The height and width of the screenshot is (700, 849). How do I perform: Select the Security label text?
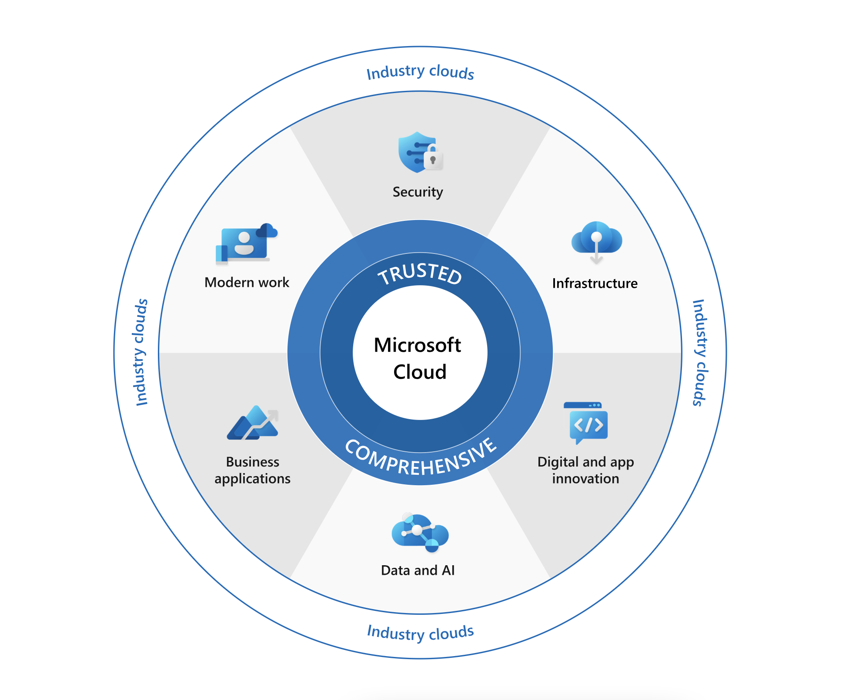[x=418, y=192]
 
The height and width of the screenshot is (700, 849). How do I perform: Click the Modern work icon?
[x=246, y=243]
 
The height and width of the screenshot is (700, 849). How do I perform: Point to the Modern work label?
[x=247, y=283]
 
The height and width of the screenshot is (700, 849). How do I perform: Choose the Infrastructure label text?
[x=595, y=283]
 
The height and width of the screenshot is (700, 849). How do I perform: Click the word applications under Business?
[x=252, y=479]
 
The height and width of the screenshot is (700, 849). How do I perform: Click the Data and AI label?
[x=418, y=570]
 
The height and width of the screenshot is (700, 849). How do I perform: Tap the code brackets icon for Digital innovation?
[x=588, y=423]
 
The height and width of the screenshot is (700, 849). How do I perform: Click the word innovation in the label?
[x=585, y=479]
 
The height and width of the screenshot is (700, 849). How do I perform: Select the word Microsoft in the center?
[x=417, y=345]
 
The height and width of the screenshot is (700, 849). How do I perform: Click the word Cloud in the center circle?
[x=420, y=372]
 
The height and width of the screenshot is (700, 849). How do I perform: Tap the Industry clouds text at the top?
[x=420, y=72]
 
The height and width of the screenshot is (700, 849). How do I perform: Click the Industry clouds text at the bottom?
[x=420, y=633]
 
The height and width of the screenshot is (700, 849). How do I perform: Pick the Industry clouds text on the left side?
[x=141, y=353]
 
